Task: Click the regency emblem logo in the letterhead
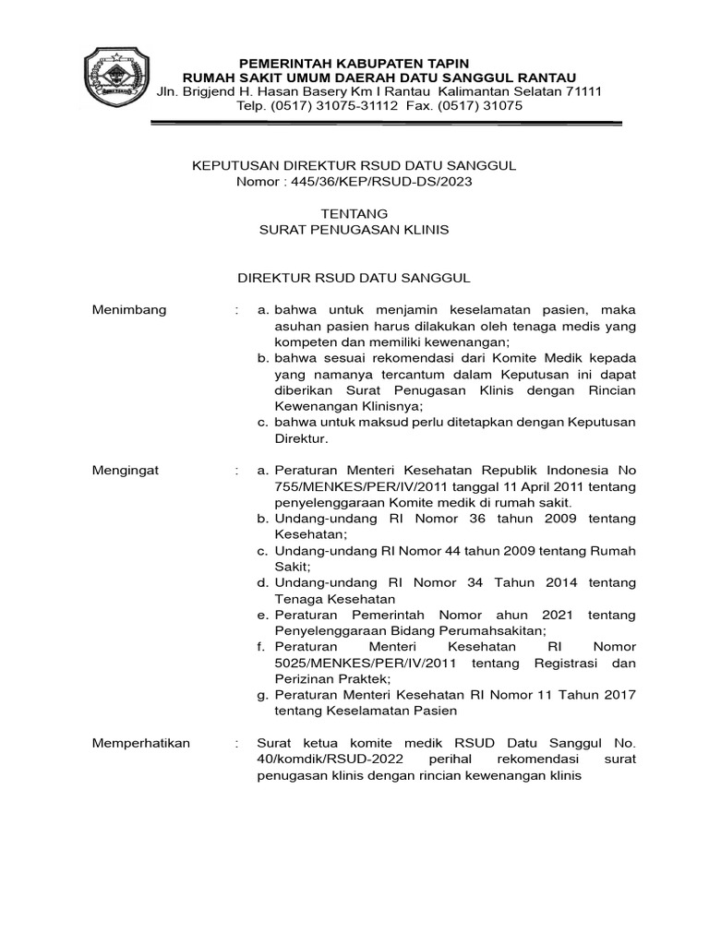pos(115,82)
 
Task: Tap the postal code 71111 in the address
pos(582,91)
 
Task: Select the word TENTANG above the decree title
pos(354,213)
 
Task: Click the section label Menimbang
pos(129,309)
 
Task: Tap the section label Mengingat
pos(126,470)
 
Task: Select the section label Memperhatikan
pos(140,743)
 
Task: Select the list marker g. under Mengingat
pos(263,695)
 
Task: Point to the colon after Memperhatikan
pos(237,743)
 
